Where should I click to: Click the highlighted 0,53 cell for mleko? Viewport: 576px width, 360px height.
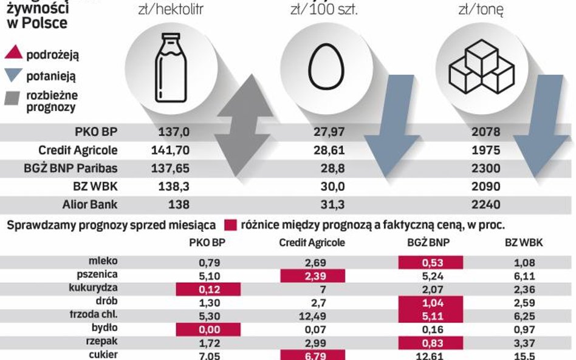pos(430,263)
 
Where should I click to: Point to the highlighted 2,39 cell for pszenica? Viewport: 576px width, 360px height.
pos(312,276)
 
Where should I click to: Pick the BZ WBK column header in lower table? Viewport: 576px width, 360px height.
pos(523,242)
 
